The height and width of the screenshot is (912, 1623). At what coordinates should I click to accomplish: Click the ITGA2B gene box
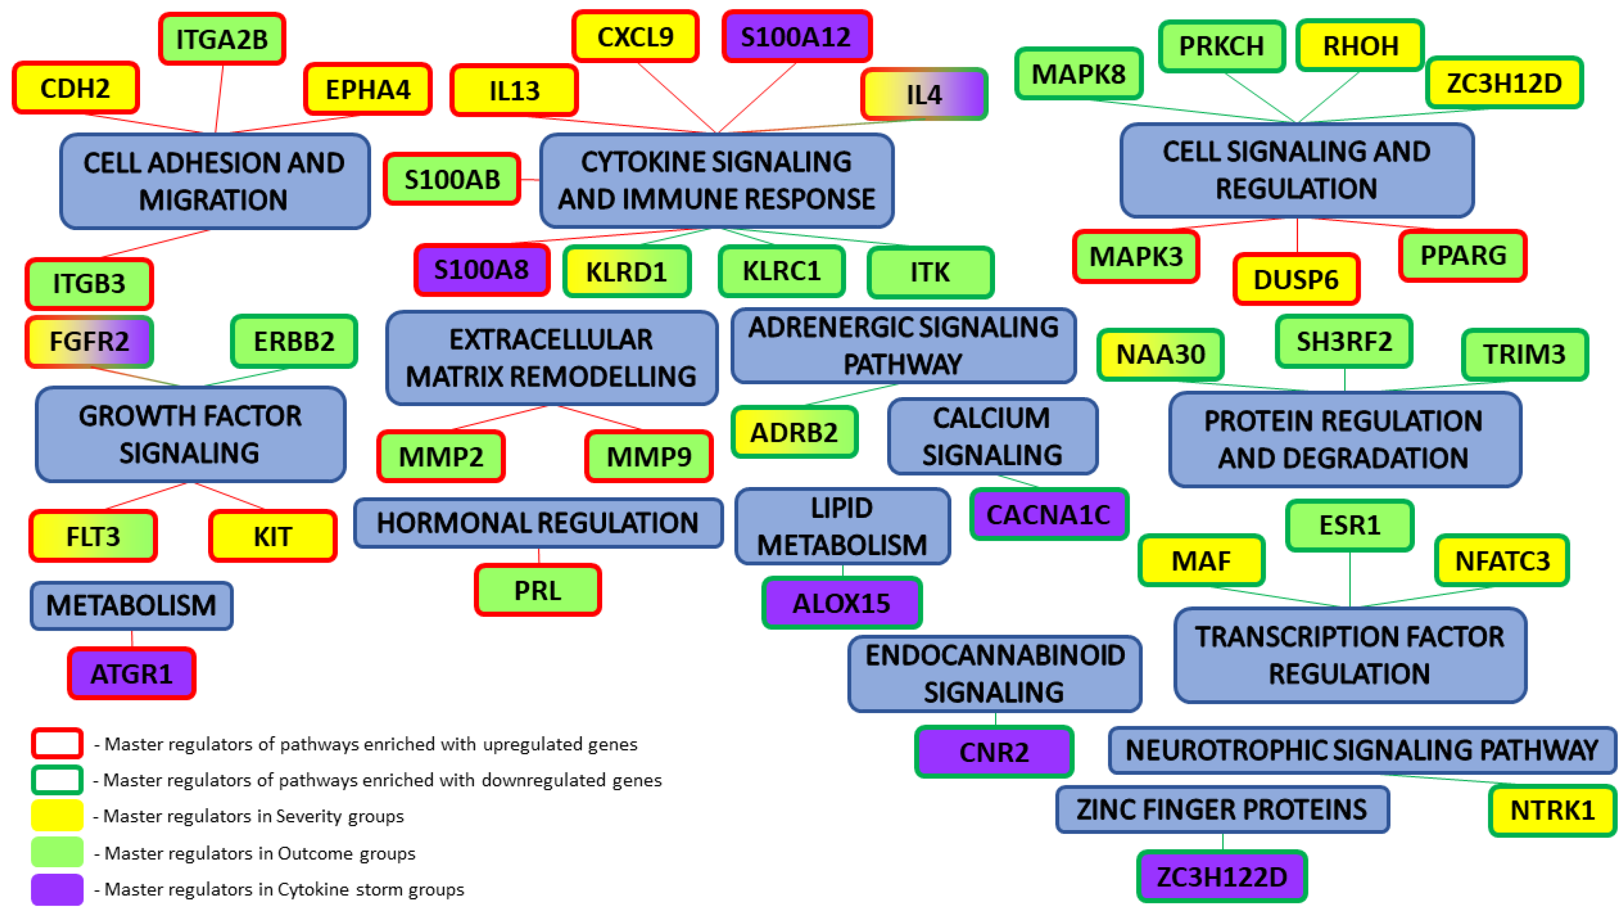pos(222,39)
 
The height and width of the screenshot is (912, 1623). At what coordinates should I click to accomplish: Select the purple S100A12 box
pos(796,37)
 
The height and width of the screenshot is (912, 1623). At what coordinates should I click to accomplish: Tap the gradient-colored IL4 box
pos(924,94)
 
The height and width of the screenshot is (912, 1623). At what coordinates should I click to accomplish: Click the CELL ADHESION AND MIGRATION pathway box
pos(214,181)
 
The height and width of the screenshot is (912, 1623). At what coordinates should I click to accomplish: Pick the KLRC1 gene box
pos(781,271)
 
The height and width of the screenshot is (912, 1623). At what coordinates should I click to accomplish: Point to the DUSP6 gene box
pos(1296,279)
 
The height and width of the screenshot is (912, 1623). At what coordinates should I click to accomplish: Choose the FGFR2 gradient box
pos(89,341)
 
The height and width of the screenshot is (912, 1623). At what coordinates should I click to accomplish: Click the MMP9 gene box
pos(648,456)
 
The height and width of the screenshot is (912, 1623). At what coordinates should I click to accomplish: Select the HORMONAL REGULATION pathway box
pos(538,522)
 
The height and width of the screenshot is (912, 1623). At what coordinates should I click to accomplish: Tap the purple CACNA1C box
pos(1048,514)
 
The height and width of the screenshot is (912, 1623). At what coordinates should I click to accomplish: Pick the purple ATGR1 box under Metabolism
pos(131,674)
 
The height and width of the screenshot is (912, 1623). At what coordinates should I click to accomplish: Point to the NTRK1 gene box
pos(1552,810)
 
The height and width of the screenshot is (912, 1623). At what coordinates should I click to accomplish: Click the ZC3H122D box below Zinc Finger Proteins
pos(1221,877)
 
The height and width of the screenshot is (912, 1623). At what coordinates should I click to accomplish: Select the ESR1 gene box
pos(1350,525)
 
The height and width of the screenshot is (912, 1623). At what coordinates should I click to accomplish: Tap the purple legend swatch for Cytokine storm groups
pos(57,889)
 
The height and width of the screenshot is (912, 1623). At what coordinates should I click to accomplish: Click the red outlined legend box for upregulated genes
pos(57,744)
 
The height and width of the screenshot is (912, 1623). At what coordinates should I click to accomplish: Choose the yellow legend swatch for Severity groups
pos(57,816)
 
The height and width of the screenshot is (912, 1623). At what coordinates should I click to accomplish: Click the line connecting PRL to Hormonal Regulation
pos(539,556)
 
